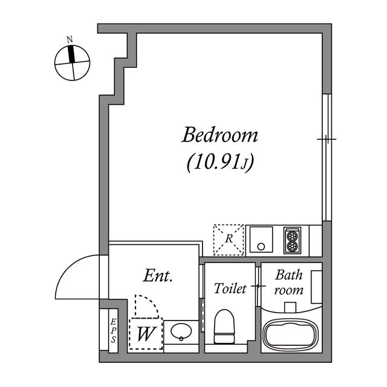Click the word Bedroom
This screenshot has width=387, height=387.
pyautogui.click(x=220, y=134)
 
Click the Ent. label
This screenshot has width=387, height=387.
pyautogui.click(x=158, y=277)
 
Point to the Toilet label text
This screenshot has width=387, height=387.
pyautogui.click(x=230, y=289)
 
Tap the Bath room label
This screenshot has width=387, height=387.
pyautogui.click(x=289, y=282)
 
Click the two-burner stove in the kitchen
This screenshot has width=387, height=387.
pyautogui.click(x=292, y=240)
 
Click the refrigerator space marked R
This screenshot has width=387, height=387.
pyautogui.click(x=229, y=239)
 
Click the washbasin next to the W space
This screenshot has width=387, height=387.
pyautogui.click(x=180, y=333)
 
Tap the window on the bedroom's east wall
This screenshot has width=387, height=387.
pyautogui.click(x=326, y=157)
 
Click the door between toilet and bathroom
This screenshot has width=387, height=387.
pyautogui.click(x=258, y=285)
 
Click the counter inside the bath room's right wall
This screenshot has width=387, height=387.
pyautogui.click(x=316, y=287)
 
